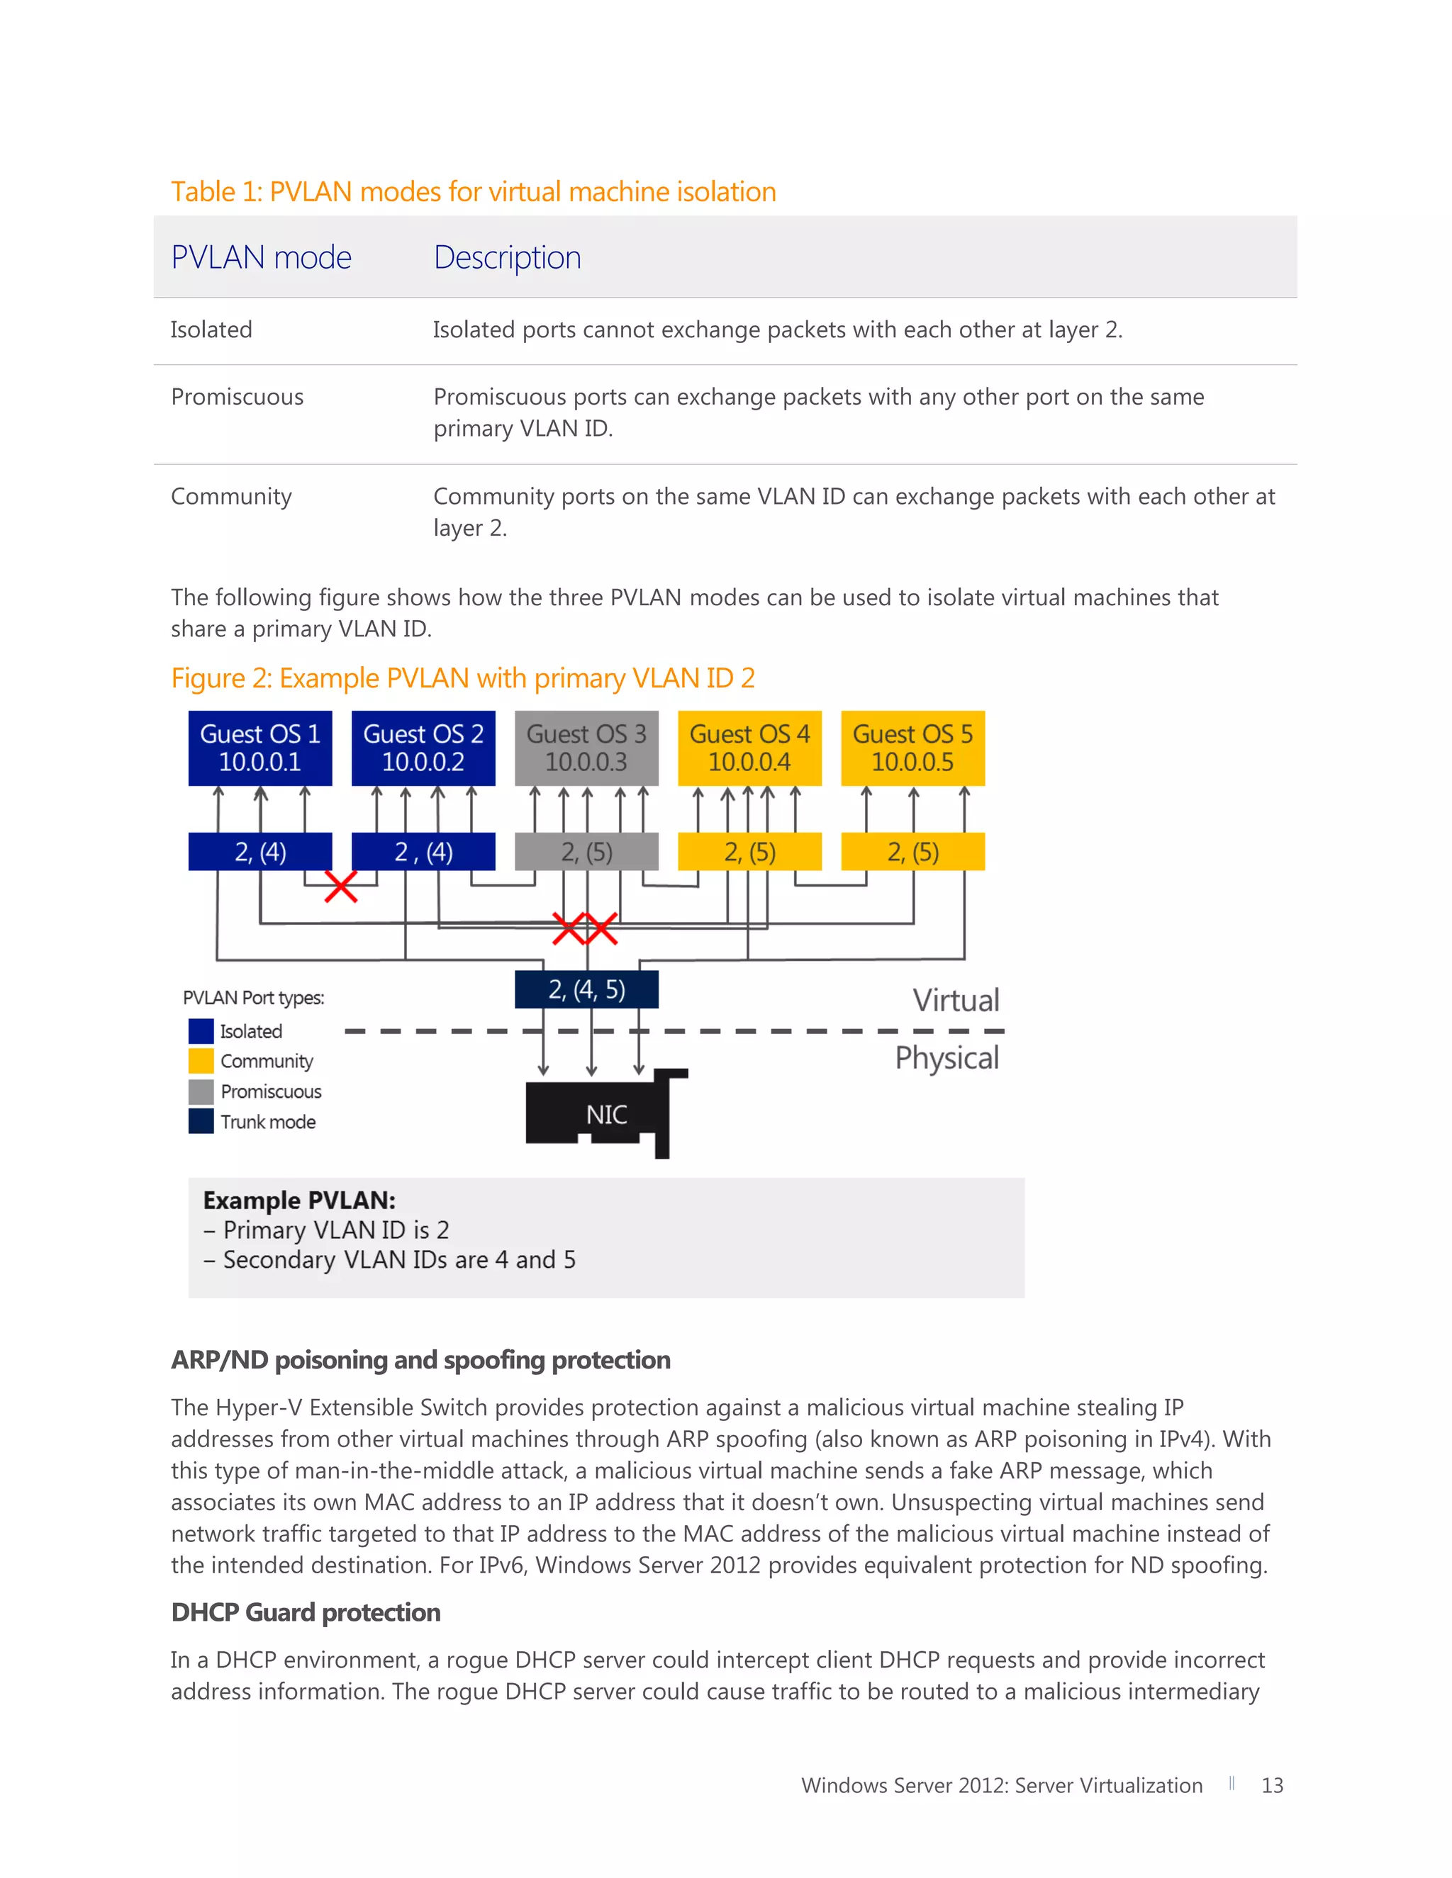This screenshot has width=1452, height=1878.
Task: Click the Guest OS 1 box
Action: (259, 747)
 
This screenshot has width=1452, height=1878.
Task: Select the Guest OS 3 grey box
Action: (586, 747)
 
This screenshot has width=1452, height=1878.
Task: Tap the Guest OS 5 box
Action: (912, 747)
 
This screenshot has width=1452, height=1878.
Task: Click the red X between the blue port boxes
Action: (340, 886)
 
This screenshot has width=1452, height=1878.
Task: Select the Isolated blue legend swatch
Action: (201, 1030)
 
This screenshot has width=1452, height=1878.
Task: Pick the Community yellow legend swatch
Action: (201, 1060)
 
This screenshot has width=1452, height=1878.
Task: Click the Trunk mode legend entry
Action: (267, 1121)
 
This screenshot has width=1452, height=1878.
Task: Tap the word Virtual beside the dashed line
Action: (956, 1000)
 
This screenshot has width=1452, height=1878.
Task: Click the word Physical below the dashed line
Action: (946, 1057)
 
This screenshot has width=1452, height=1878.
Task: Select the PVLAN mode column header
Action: (262, 257)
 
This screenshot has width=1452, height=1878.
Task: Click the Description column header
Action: (508, 257)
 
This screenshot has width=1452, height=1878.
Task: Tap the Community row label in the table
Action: (231, 496)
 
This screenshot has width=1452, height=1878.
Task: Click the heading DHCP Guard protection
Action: (306, 1612)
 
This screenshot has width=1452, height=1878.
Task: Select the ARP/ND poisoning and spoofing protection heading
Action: (420, 1359)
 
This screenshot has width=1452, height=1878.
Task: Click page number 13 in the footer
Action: (1271, 1785)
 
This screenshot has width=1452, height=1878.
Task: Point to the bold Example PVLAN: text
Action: (299, 1200)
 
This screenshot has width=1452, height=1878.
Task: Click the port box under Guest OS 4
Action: (749, 851)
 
